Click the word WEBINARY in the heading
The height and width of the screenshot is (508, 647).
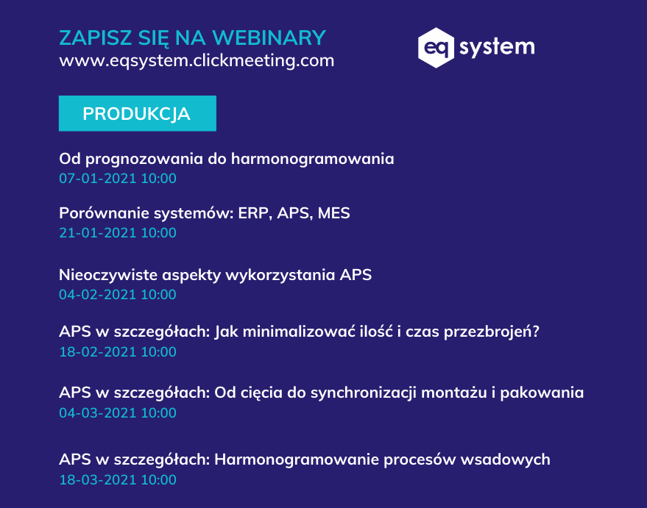coord(269,38)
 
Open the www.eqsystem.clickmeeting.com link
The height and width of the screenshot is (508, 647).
coord(197,60)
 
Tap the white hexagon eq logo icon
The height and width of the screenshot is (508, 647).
coord(436,48)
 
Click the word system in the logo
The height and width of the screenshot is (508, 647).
coord(497,47)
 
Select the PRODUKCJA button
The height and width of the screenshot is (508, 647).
coord(138,113)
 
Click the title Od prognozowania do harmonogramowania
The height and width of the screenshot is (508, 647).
coord(227,159)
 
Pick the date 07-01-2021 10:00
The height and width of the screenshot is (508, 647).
coord(118,179)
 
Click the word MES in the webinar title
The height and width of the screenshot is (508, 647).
coord(334,213)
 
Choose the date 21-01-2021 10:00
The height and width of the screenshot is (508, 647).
coord(118,233)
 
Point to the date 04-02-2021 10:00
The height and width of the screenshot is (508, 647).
coord(118,295)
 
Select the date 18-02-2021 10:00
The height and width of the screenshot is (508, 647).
coord(118,352)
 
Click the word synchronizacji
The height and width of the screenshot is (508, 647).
coord(364,393)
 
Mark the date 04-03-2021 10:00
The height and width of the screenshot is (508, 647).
coord(118,413)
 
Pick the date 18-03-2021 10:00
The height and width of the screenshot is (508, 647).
coord(118,480)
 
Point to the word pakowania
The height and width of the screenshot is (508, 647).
coord(542,393)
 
